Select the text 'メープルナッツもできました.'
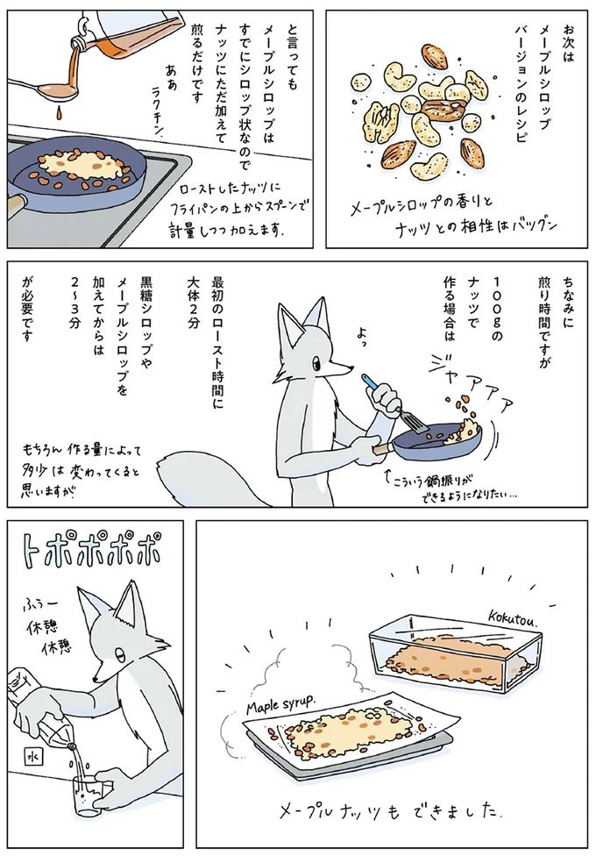pos(387,807)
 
